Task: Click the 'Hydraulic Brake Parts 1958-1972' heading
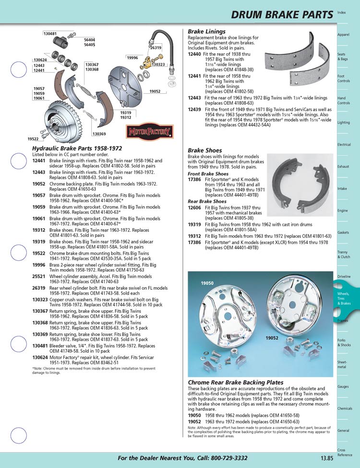tap(77, 149)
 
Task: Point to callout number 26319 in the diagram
tap(155, 49)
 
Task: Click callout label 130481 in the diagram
tap(50, 34)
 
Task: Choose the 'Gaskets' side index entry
tap(343, 233)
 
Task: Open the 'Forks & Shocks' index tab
tap(344, 343)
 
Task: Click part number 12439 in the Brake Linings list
tap(195, 110)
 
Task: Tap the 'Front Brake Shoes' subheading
tap(208, 174)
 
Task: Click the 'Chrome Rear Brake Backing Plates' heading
tap(235, 382)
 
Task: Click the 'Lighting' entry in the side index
tap(344, 123)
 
